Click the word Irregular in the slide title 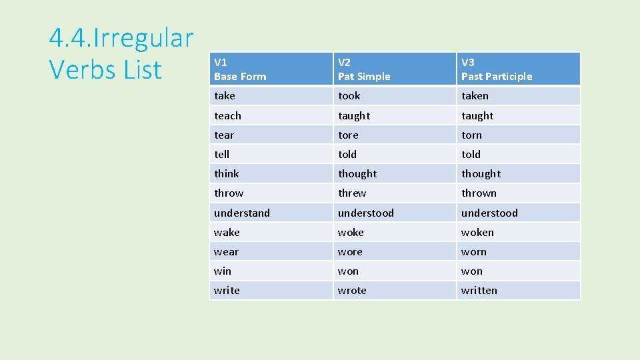[144, 38]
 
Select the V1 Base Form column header [240, 69]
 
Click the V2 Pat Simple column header [364, 69]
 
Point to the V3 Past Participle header [497, 69]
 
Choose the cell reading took [349, 96]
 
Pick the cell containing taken [475, 96]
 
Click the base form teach [227, 115]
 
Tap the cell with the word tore [348, 135]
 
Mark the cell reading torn [471, 135]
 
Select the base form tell [221, 155]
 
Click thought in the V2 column [357, 174]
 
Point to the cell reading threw [352, 193]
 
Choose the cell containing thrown [479, 193]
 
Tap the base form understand [242, 213]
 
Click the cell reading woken [477, 233]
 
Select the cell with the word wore [350, 252]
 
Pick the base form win [223, 271]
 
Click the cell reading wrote [352, 291]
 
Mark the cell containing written [479, 291]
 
